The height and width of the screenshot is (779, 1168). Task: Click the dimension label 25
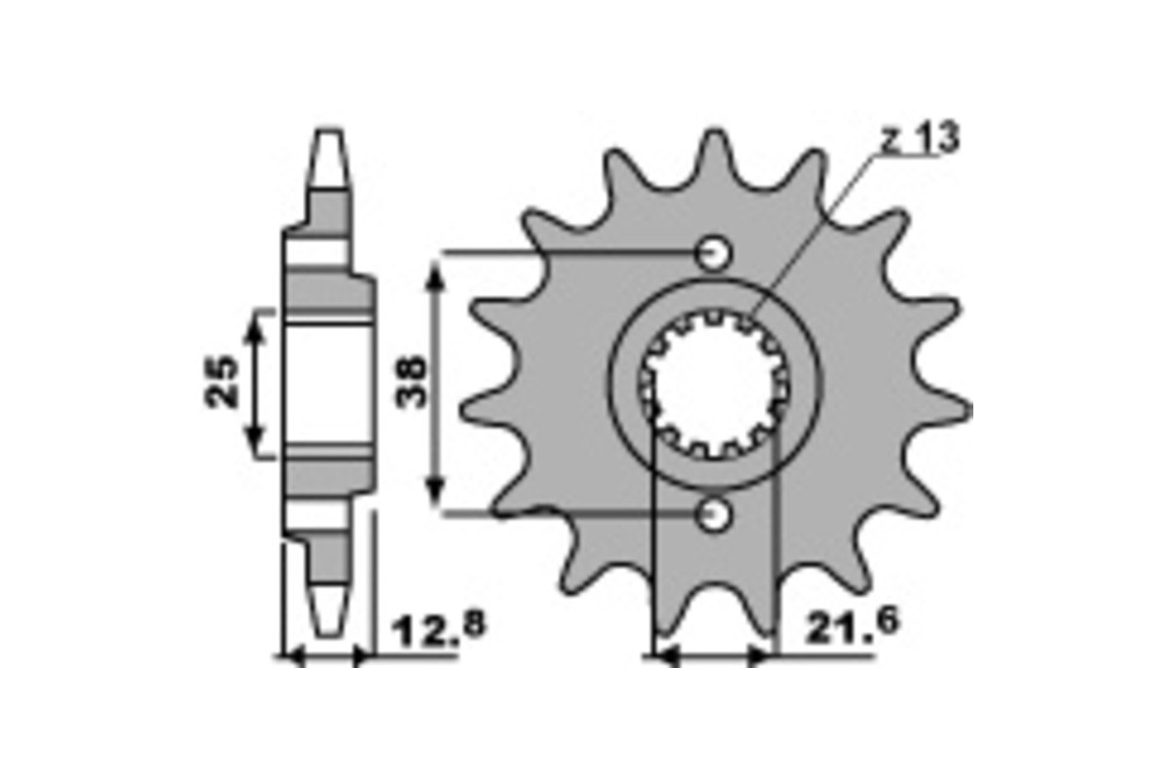pos(221,382)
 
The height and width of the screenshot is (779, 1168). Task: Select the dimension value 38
pos(411,382)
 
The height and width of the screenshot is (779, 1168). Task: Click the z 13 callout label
pos(920,137)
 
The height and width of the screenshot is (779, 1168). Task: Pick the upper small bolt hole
pos(713,254)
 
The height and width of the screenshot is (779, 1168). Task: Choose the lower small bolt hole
pos(713,515)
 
